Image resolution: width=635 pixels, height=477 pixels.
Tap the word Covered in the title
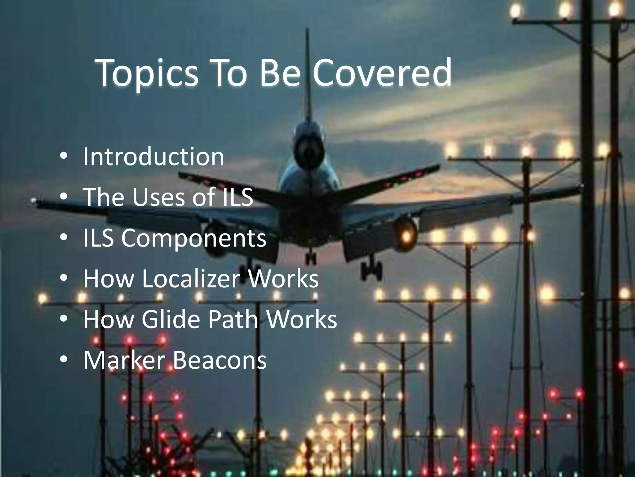coord(382,73)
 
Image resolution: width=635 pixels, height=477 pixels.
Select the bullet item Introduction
coord(153,157)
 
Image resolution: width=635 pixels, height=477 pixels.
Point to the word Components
coord(193,238)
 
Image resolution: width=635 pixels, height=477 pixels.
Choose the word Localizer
coord(191,279)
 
